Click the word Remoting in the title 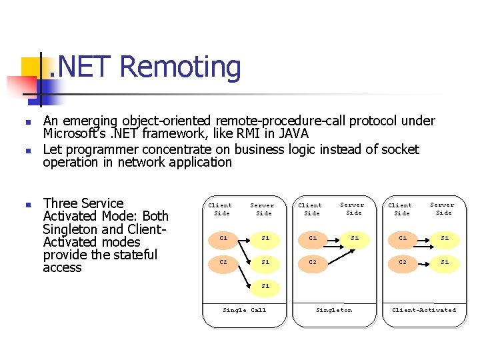(181, 67)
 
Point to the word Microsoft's (73, 134)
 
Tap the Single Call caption (244, 310)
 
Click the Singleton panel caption (334, 310)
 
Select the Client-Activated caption (424, 310)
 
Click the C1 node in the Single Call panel (223, 237)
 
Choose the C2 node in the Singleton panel (313, 262)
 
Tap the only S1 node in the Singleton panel (355, 237)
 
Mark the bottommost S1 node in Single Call (265, 286)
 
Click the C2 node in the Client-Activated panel (403, 262)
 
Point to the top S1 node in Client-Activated (445, 237)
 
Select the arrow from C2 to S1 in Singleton (335, 250)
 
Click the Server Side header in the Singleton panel (352, 209)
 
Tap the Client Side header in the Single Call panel (221, 209)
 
